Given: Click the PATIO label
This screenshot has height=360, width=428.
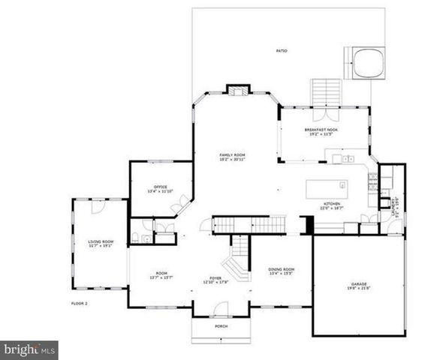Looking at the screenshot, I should click(282, 51).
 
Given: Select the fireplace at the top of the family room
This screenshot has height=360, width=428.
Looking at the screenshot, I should click(238, 91).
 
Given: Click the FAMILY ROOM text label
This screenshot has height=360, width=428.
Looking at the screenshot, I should click(232, 157).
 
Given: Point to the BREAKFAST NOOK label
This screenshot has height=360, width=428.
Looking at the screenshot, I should click(321, 131).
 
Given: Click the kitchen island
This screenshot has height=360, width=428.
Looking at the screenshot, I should click(327, 186).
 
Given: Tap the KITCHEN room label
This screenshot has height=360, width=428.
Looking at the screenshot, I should click(332, 205).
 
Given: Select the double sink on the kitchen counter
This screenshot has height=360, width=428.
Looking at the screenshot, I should click(346, 159).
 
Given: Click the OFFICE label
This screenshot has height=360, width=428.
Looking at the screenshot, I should click(160, 188).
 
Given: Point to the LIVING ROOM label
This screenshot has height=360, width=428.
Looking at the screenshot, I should click(99, 243).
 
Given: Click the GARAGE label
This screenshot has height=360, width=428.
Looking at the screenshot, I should click(358, 285).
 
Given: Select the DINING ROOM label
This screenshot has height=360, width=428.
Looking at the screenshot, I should click(282, 271).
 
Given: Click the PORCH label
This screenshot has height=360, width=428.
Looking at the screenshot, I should click(221, 327).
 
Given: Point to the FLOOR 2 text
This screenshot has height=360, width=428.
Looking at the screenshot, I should click(80, 303).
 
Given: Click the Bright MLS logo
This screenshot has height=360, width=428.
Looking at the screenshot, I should click(30, 349).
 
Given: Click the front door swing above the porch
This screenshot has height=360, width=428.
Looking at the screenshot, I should click(220, 307).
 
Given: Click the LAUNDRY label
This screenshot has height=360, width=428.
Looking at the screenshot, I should click(395, 211).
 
